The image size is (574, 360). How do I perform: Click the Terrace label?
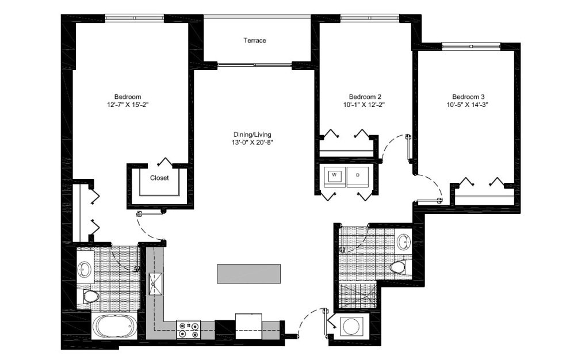[x=255, y=41]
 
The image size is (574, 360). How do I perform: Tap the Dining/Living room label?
[x=248, y=133]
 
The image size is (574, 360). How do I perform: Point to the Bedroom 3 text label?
[x=468, y=97]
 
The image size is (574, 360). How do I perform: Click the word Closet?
[x=159, y=178]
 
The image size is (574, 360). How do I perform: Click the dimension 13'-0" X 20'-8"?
[x=248, y=142]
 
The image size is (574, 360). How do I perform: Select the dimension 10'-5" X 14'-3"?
[x=468, y=105]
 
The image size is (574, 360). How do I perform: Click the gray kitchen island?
[x=248, y=273]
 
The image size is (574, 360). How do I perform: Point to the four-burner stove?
[x=189, y=330]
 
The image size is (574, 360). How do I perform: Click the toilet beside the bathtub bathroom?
[x=90, y=296]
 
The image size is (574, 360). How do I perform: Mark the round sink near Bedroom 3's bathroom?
[x=404, y=241]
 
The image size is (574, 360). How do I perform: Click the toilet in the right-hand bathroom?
[x=398, y=266]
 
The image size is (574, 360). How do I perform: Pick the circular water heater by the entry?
[x=350, y=327]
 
